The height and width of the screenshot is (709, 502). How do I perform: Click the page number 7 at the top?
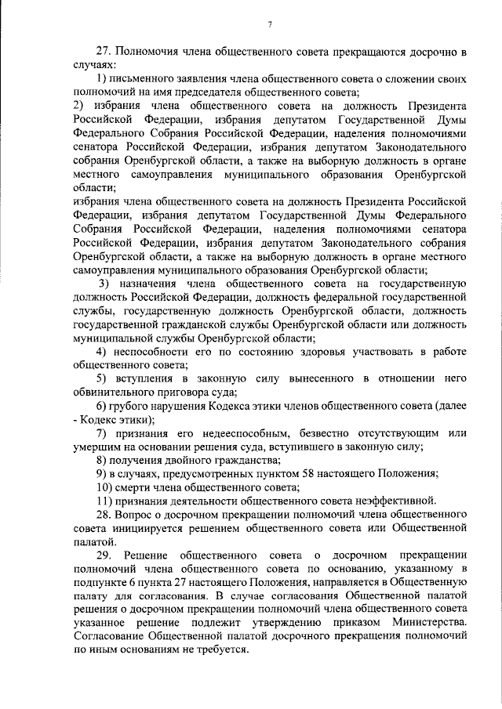click(269, 25)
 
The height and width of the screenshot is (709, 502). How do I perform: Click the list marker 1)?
click(101, 80)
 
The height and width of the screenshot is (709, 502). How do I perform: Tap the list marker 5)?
click(101, 378)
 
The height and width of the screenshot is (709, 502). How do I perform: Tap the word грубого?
click(130, 406)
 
